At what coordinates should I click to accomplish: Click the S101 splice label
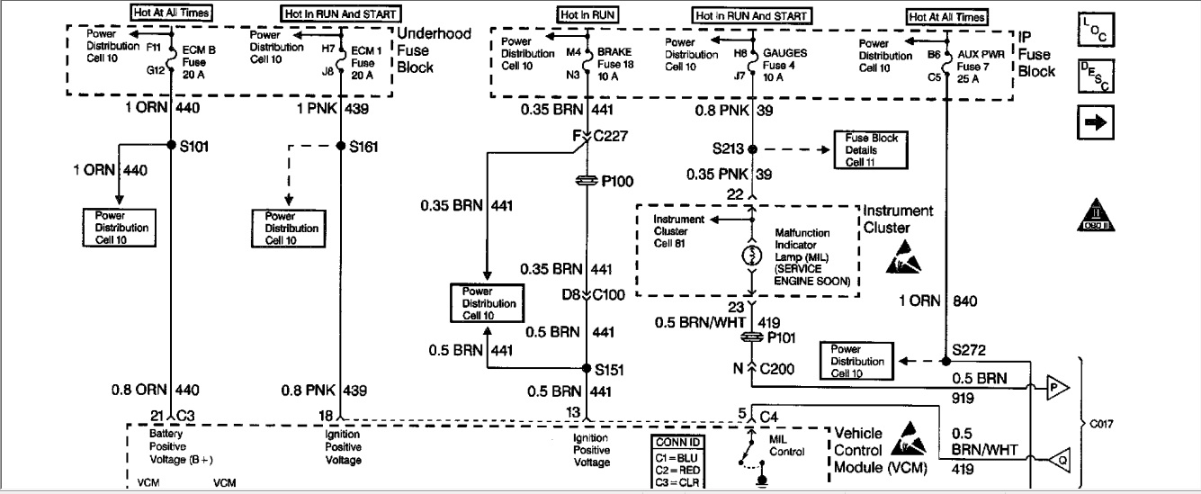[195, 147]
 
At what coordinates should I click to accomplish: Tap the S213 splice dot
[752, 148]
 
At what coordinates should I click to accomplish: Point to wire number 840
[969, 301]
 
